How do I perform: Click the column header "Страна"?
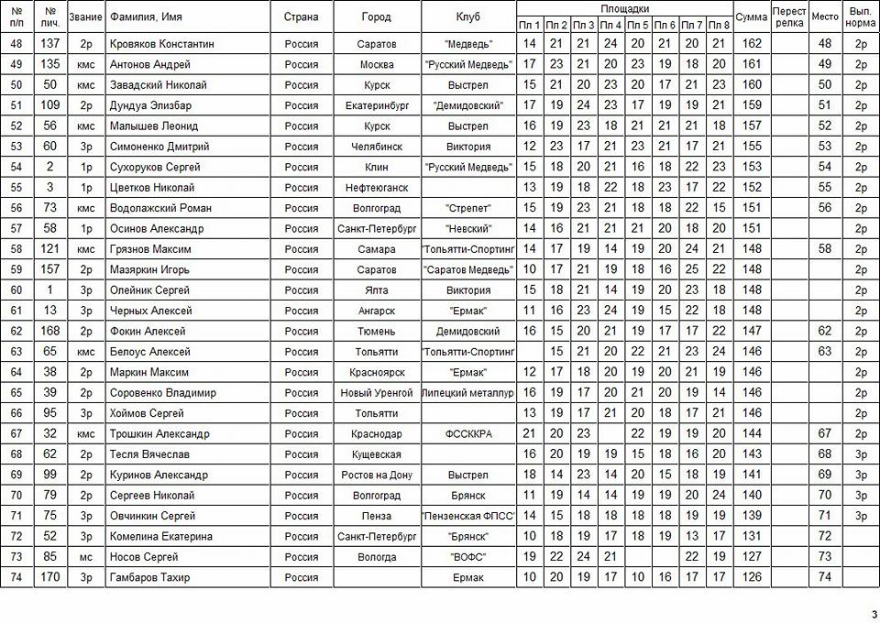[302, 17]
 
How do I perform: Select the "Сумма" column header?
[752, 17]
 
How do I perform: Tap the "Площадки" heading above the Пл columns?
[624, 8]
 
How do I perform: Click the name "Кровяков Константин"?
[161, 44]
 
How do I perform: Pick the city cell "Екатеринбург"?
[377, 105]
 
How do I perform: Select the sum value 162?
[752, 44]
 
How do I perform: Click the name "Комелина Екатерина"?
[160, 536]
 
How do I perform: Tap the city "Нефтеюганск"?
[377, 188]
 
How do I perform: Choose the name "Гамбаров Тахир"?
[151, 577]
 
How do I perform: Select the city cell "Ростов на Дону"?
[377, 475]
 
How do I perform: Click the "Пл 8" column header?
[719, 25]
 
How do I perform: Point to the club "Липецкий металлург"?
[468, 393]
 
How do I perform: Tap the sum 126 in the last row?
[752, 577]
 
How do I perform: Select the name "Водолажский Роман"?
[160, 208]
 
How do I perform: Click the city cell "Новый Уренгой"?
[377, 393]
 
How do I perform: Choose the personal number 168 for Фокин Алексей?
[50, 331]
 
